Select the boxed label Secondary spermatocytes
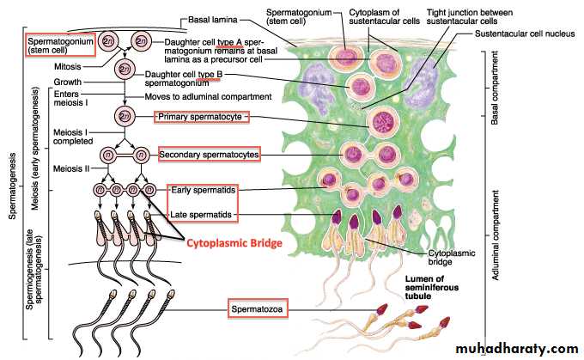210,155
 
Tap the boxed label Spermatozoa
256,307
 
